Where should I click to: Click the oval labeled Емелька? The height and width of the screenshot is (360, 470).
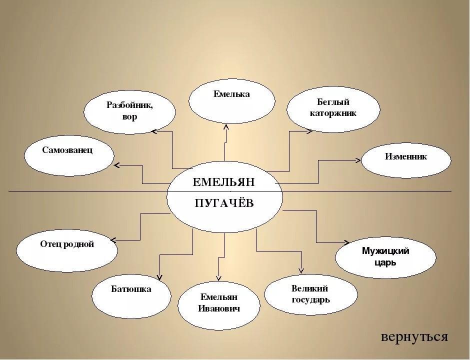[231, 100]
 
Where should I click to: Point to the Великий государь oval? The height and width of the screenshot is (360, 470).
[310, 294]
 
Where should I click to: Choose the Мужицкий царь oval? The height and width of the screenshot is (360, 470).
[385, 257]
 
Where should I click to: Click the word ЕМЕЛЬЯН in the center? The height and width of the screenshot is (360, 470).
[223, 182]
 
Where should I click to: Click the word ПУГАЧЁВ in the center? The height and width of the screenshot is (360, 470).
[223, 203]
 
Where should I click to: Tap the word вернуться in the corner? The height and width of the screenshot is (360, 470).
[414, 336]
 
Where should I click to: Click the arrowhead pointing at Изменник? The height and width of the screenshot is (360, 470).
[358, 160]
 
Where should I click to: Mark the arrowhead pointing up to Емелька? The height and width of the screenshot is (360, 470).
[226, 126]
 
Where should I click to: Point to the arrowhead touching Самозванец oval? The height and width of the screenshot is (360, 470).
[116, 165]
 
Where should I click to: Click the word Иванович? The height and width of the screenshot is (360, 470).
[219, 309]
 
